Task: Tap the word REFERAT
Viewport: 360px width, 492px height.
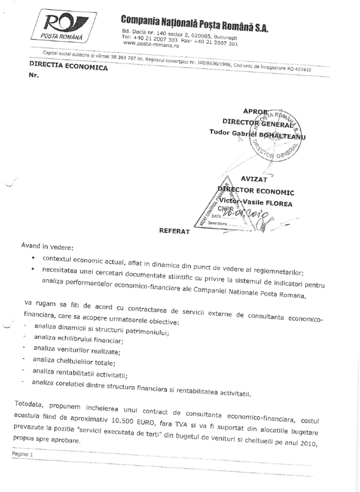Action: tap(175, 231)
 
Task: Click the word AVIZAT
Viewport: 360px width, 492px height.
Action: tap(254, 179)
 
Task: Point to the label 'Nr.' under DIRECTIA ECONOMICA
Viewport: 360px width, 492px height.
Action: tap(35, 74)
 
